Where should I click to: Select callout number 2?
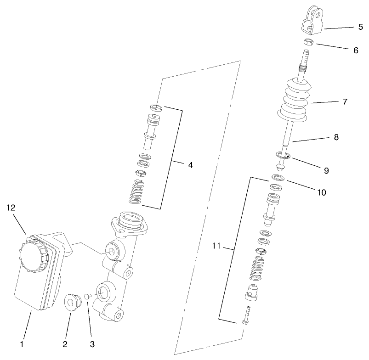coord(66,343)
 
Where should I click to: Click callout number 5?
coord(360,27)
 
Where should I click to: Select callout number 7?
coord(345,101)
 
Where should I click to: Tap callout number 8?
coord(337,136)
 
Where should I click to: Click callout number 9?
coord(326,170)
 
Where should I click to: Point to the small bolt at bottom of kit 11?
coord(246,315)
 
